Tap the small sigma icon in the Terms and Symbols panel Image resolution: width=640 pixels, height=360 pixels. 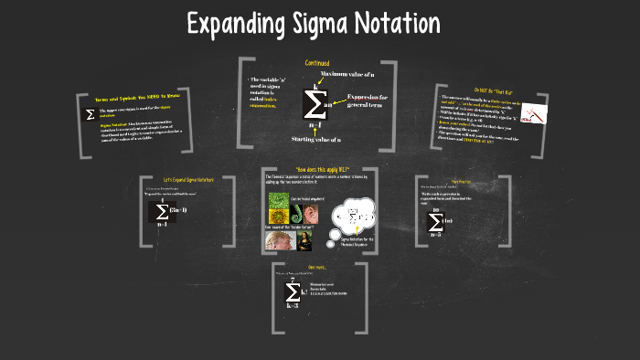(x=90, y=115)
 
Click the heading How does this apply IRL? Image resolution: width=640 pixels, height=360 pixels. (x=311, y=171)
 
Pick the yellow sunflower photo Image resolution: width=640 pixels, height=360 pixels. (x=278, y=204)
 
